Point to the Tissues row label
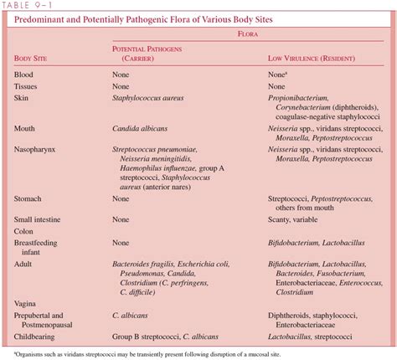click(27, 85)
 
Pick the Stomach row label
click(30, 199)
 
